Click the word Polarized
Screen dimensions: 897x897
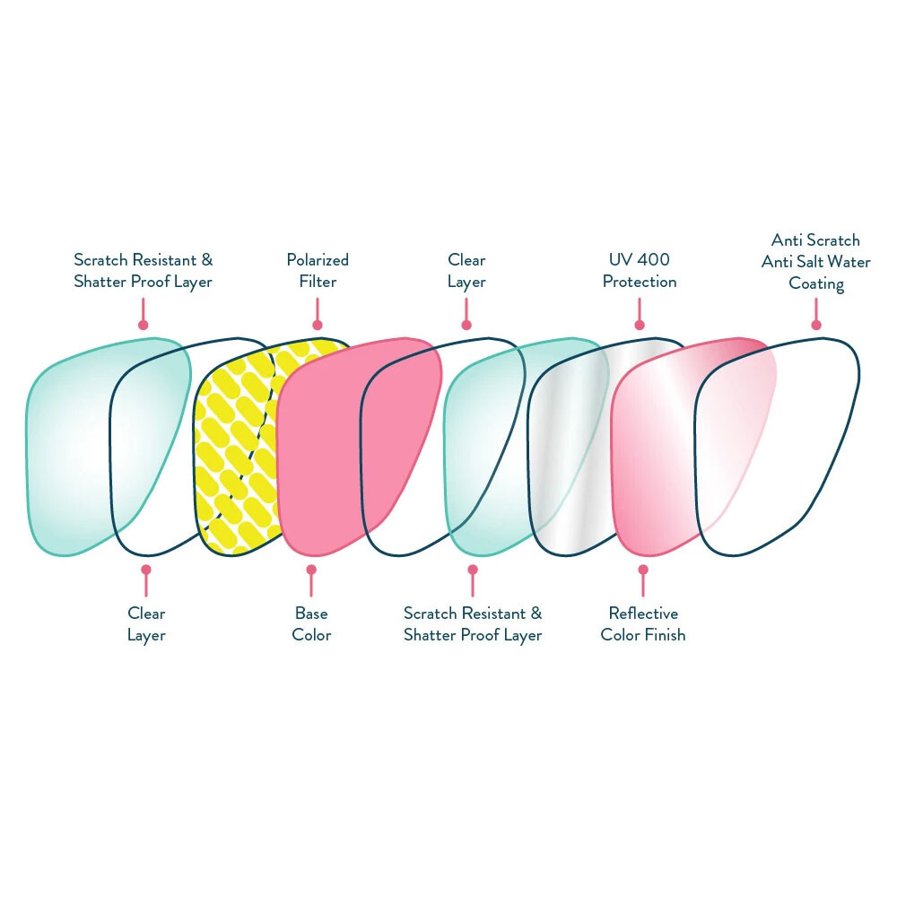click(x=318, y=260)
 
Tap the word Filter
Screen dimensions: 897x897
click(x=318, y=282)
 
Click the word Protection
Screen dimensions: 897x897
click(x=640, y=282)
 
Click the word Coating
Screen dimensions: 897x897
click(x=816, y=283)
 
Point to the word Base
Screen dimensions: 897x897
click(x=311, y=614)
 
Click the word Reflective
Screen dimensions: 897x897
click(x=643, y=614)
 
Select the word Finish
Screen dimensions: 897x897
click(x=664, y=635)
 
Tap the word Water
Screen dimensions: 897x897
click(x=851, y=262)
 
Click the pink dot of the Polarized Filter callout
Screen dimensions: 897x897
click(x=317, y=326)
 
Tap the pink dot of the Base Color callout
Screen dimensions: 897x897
click(x=311, y=569)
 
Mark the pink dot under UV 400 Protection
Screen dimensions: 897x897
click(x=640, y=326)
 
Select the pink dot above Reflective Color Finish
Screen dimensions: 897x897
click(x=642, y=569)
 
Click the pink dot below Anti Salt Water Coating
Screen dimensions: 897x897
click(x=815, y=326)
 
